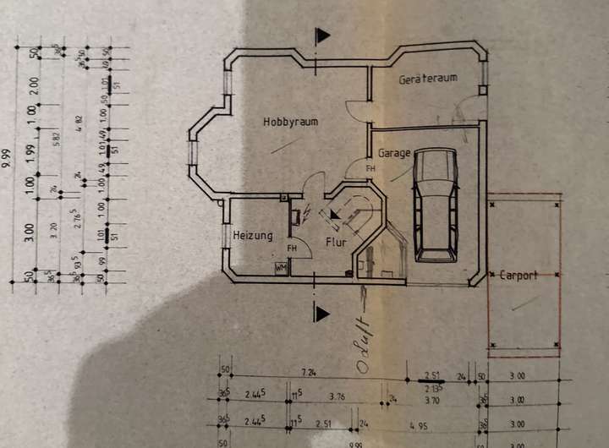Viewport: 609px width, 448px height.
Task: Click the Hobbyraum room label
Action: (x=290, y=122)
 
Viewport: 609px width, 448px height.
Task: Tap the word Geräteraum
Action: (x=428, y=79)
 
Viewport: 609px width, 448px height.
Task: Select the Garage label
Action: (x=394, y=154)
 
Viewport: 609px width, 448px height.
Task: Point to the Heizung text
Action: (x=253, y=236)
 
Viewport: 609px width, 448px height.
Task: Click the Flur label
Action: (x=336, y=243)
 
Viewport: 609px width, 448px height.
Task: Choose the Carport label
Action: (x=518, y=276)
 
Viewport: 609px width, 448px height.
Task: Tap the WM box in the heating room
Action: (x=280, y=268)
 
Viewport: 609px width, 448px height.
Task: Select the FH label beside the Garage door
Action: (x=370, y=168)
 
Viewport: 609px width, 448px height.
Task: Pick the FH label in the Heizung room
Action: (x=292, y=249)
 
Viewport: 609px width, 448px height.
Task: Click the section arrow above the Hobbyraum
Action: (x=321, y=36)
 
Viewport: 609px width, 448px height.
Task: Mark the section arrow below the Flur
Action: (x=321, y=314)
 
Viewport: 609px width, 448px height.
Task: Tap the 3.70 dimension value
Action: (x=433, y=399)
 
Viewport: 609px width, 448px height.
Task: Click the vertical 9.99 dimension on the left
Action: (x=7, y=159)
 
